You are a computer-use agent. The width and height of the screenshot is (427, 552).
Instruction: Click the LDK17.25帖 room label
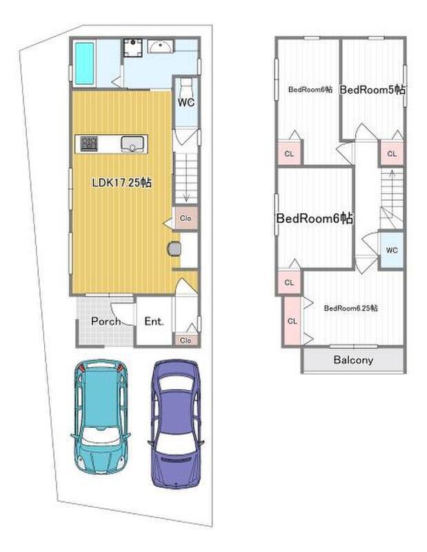pos(122,182)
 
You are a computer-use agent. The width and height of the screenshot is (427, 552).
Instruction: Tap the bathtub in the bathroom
pos(84,63)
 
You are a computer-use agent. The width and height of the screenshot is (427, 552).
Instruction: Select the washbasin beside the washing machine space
pos(160,46)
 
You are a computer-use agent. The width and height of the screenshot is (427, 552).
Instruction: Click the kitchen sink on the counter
pos(132,144)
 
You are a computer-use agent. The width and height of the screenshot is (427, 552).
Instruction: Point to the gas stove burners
pos(89,144)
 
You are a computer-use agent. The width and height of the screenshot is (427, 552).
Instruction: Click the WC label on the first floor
pos(186,102)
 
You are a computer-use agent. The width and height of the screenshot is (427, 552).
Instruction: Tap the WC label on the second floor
pos(392,250)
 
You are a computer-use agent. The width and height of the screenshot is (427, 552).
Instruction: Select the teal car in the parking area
pos(100,417)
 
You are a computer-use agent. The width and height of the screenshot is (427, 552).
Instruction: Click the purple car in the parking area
pos(175,424)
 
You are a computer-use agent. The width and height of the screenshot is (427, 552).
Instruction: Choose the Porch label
pos(106,321)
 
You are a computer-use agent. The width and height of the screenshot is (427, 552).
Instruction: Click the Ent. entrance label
pos(155,321)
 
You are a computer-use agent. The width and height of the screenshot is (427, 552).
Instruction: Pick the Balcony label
pos(353,359)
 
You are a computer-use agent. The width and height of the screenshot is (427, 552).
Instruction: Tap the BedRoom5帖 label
pos(372,90)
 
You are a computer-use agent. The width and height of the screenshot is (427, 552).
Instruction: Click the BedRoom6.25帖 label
pos(350,308)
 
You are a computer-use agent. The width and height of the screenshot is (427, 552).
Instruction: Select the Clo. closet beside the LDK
pos(186,218)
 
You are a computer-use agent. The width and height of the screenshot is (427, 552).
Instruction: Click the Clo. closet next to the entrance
pos(186,340)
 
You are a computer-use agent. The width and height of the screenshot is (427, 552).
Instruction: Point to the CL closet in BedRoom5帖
pos(392,154)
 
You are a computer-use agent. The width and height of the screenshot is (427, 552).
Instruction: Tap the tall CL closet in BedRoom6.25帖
pos(292,321)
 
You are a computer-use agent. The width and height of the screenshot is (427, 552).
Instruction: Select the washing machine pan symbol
pos(132,48)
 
